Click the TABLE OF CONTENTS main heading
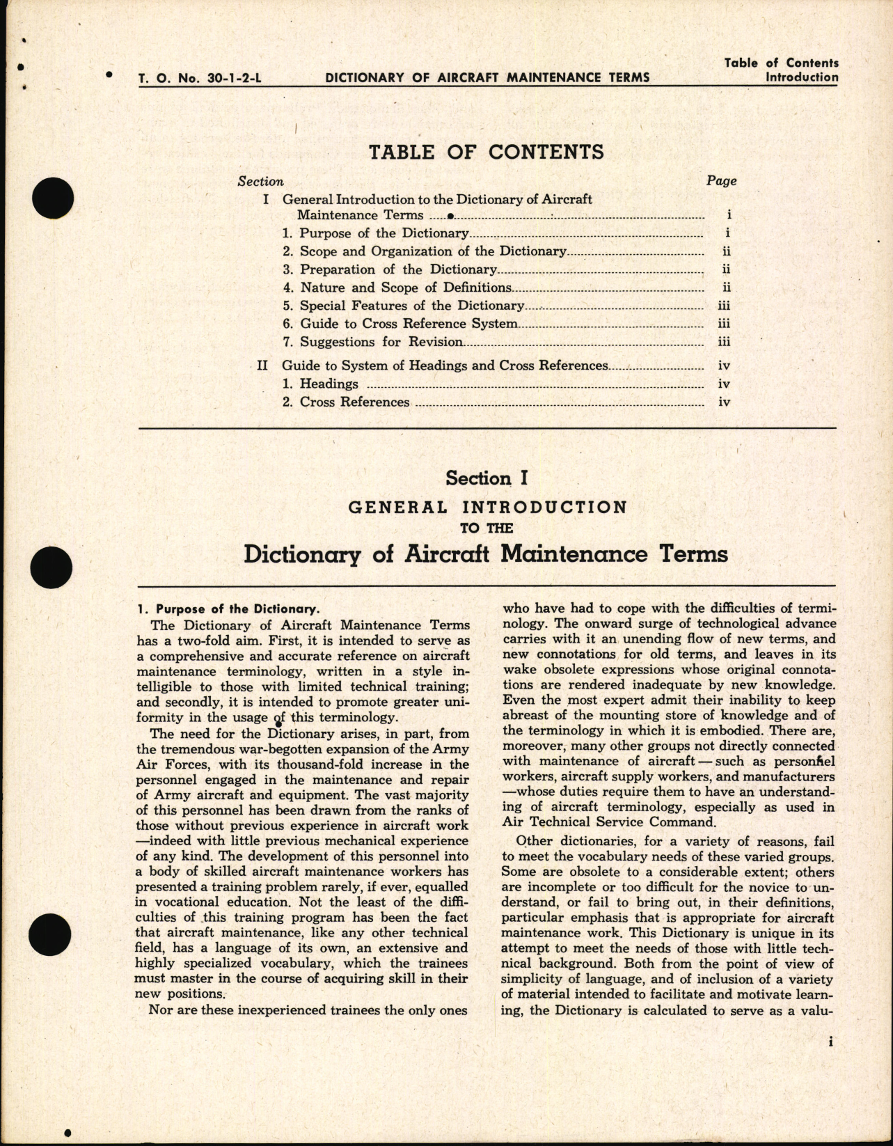click(x=486, y=152)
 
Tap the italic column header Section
click(x=260, y=182)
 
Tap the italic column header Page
click(x=721, y=181)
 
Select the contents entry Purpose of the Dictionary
click(x=384, y=234)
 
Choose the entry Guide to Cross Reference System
click(x=408, y=324)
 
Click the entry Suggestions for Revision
click(x=381, y=342)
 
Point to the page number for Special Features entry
click(x=723, y=306)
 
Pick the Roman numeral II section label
click(x=262, y=366)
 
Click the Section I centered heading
click(x=487, y=478)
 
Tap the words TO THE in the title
click(x=487, y=528)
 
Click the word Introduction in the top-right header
click(x=801, y=77)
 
